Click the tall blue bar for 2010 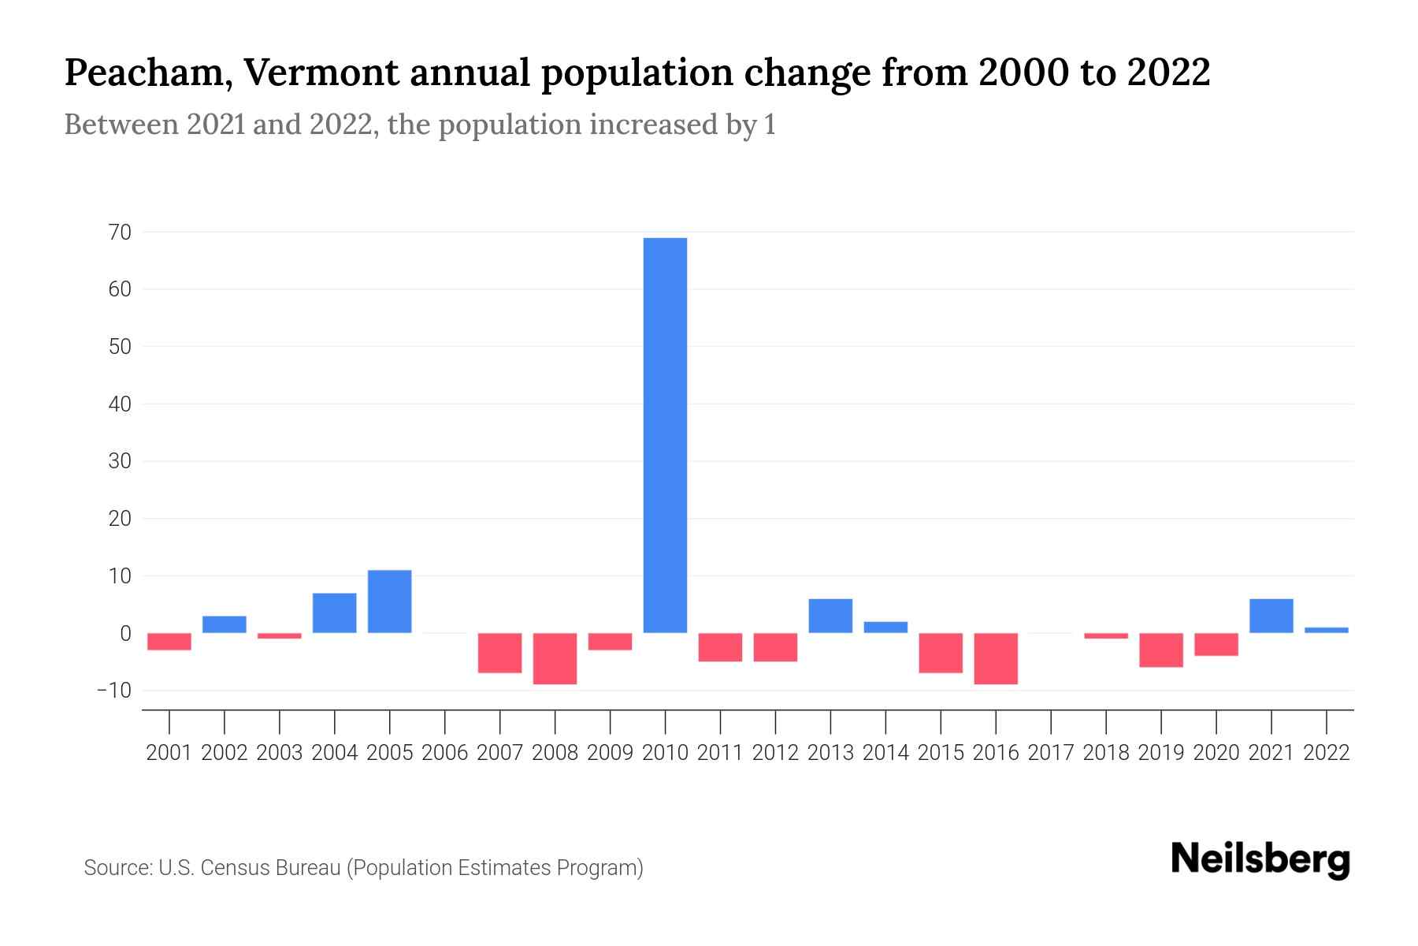coord(665,435)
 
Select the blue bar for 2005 coord(389,601)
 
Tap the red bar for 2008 coord(555,658)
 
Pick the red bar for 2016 coord(996,658)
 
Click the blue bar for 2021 coord(1271,616)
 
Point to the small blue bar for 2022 coord(1326,630)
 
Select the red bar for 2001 coord(169,642)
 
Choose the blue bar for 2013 coord(830,616)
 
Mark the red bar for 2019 coord(1160,650)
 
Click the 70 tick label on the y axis coord(121,233)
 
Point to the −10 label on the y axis coord(114,691)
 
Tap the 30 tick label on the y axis coord(120,461)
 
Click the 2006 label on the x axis coord(444,753)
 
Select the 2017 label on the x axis coord(1050,753)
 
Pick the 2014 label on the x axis coord(885,753)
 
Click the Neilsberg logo coord(1260,859)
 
